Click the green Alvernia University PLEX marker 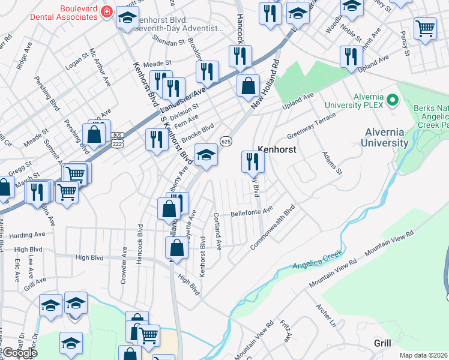[393, 100]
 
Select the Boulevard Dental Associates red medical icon [107, 11]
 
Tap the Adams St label [331, 163]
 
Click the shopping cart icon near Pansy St [425, 28]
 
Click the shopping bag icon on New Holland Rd [248, 86]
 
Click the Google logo [20, 352]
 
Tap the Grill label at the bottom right [382, 343]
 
